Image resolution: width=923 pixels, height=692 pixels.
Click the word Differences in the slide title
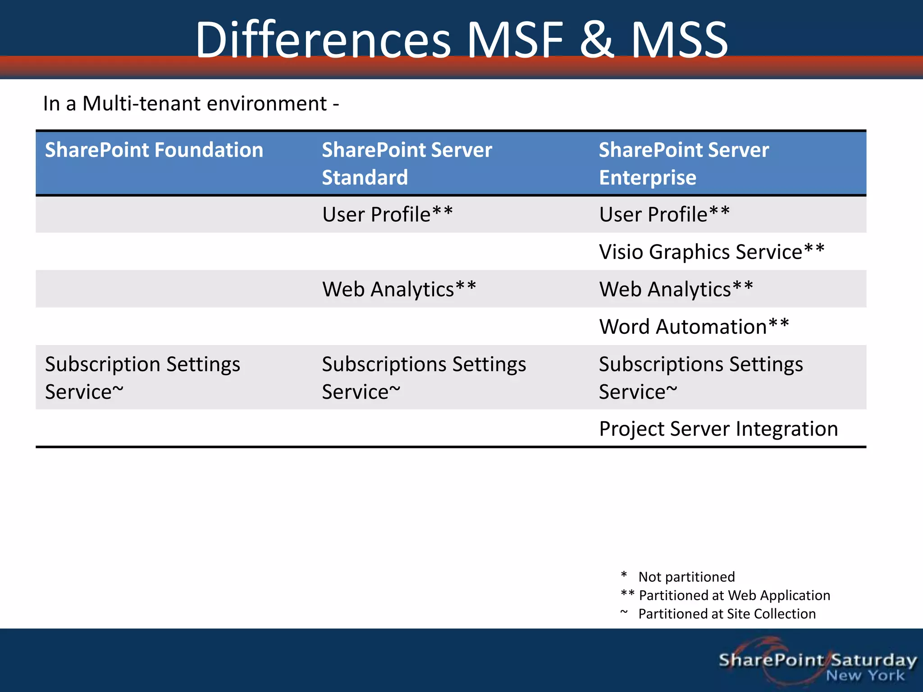pos(323,41)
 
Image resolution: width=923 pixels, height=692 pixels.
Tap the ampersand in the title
pos(596,41)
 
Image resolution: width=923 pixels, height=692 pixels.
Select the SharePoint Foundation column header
pos(154,150)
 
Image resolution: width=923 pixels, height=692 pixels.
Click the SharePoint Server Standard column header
pos(407,163)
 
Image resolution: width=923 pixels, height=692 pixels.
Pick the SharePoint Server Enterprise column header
pos(683,163)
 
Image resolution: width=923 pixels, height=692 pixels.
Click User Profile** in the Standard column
pos(387,214)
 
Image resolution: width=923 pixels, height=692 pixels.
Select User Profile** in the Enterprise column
pos(664,214)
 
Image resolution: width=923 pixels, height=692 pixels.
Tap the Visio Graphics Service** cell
pos(711,252)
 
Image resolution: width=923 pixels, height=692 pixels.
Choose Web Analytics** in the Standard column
pos(399,289)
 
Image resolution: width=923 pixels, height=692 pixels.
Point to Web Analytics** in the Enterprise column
pos(676,289)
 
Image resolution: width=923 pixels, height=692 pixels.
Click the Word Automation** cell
pos(694,327)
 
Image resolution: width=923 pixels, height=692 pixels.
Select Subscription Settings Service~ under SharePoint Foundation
pos(142,378)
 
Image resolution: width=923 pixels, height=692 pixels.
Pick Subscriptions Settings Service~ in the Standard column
pos(424,378)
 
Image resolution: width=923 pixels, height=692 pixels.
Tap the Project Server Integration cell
pos(718,429)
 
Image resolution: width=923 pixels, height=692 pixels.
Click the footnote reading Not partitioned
pos(686,577)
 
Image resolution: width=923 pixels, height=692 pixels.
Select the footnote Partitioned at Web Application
pos(734,596)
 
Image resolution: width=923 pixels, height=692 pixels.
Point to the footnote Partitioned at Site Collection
pos(727,614)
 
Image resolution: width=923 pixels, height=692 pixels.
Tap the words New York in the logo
pos(865,676)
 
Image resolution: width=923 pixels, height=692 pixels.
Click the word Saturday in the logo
pos(873,660)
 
